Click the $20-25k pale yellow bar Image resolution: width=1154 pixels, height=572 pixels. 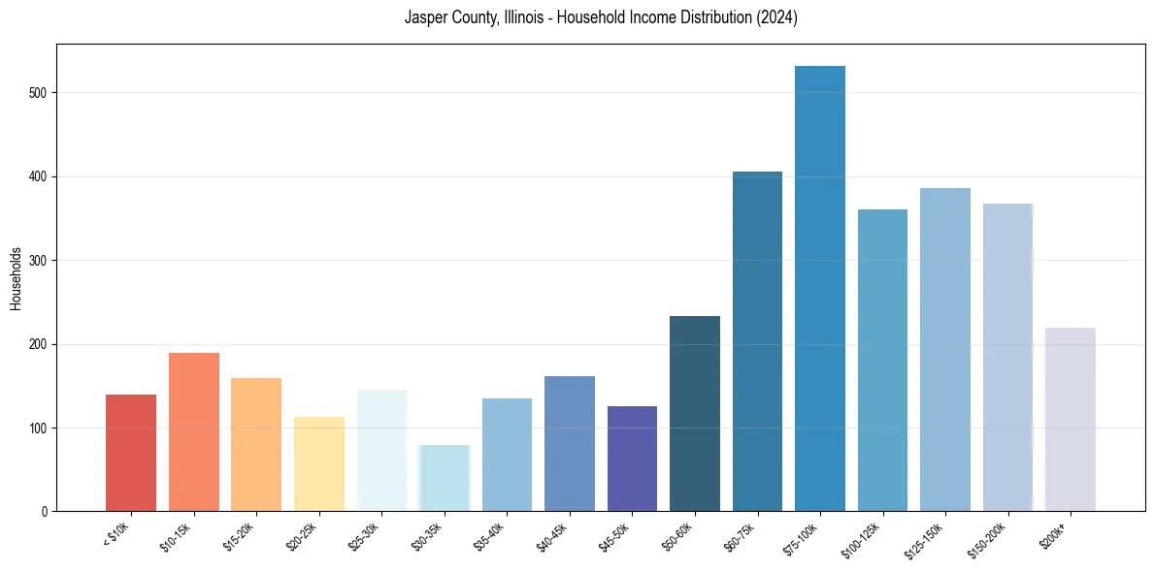click(319, 464)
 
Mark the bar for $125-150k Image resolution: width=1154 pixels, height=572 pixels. click(945, 350)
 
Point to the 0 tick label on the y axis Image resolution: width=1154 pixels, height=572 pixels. click(45, 512)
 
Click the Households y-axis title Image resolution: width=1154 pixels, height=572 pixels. click(16, 278)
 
